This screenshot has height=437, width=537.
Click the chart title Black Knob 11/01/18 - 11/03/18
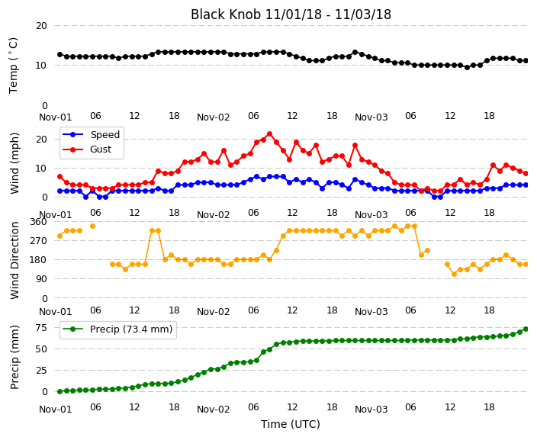(291, 14)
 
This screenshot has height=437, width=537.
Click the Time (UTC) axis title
(291, 424)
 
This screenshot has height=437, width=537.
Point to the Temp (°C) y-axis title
(13, 66)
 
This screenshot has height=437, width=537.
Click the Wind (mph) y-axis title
(14, 163)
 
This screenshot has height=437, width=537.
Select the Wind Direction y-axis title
(14, 260)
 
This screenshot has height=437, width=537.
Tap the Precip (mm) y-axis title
(14, 357)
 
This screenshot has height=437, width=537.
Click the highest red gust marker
(269, 134)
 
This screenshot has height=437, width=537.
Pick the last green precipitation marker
(526, 329)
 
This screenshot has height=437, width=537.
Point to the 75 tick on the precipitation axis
(41, 328)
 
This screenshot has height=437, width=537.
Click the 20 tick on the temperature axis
(41, 26)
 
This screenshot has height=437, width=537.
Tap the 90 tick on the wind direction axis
(41, 279)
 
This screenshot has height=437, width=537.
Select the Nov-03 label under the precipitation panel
(371, 409)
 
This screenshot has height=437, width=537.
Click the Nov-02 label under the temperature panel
(214, 117)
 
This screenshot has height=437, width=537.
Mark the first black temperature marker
(60, 55)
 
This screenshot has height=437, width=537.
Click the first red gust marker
(60, 177)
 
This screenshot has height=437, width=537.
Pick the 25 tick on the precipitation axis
(41, 370)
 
